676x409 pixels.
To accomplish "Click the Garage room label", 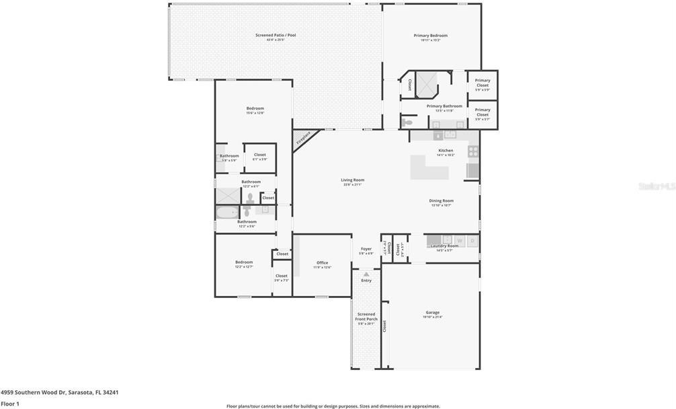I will click(x=432, y=312).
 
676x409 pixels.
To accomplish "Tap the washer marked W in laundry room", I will click(x=460, y=240).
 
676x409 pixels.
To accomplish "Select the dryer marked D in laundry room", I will click(x=472, y=240).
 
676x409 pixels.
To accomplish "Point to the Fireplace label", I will click(x=304, y=138).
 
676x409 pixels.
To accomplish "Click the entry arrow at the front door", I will click(x=366, y=274).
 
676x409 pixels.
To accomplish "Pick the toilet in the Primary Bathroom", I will click(x=408, y=122).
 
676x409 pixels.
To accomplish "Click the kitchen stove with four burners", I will click(x=473, y=151).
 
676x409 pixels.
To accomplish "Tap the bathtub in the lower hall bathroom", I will click(x=226, y=213).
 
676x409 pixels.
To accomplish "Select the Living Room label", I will click(x=352, y=180).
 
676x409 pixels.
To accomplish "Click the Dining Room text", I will click(x=441, y=200).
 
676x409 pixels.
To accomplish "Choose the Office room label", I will click(x=322, y=262).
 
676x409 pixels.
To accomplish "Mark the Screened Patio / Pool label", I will click(x=275, y=35).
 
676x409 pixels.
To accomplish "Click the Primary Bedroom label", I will click(x=430, y=35).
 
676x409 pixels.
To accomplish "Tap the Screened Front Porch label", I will click(x=366, y=316).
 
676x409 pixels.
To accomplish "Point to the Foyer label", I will click(x=366, y=249).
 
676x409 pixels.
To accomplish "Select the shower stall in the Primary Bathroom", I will click(x=427, y=83).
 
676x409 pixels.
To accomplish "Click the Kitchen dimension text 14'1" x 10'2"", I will click(x=446, y=155).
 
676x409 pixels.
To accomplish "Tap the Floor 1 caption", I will click(x=10, y=404).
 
